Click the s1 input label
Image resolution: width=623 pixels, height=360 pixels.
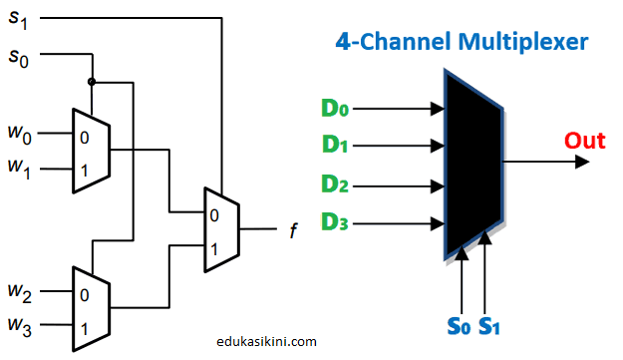tap(19, 19)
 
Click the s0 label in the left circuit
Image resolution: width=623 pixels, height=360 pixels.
tap(19, 57)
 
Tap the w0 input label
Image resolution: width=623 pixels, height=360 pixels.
tap(19, 132)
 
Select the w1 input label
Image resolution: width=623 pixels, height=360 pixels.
tap(19, 171)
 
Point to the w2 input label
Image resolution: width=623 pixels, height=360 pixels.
tap(19, 294)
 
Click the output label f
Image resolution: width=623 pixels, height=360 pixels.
tap(293, 232)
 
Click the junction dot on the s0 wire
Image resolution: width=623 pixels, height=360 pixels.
tap(92, 81)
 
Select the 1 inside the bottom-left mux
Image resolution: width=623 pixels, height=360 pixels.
tap(85, 327)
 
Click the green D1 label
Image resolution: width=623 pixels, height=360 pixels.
tap(336, 145)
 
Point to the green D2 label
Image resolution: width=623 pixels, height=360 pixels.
tap(336, 184)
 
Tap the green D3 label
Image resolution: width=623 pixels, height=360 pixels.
tap(336, 223)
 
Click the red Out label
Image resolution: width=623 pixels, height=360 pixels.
tap(585, 140)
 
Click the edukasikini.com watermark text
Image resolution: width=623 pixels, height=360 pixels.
tap(266, 341)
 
